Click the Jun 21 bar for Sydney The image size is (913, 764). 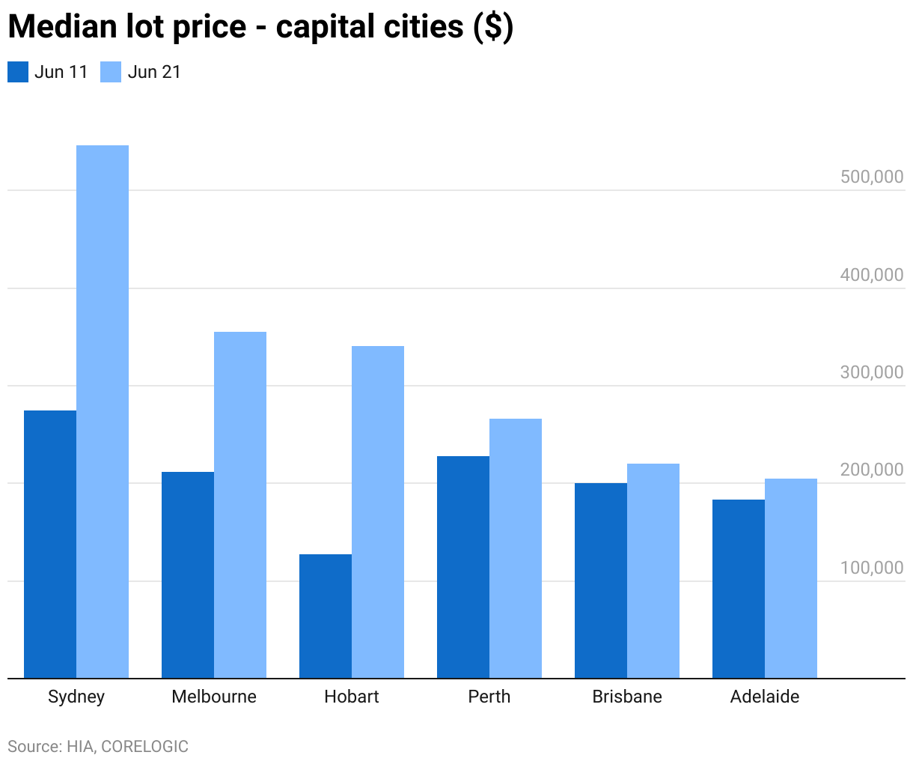(103, 412)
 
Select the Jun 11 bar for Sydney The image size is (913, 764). (50, 545)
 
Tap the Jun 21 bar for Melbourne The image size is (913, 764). (240, 505)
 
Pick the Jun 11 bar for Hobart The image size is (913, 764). (326, 616)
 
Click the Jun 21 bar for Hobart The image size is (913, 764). (378, 512)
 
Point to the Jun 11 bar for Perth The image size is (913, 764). (463, 567)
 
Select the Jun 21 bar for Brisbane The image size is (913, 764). (653, 571)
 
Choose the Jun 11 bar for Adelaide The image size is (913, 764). (739, 589)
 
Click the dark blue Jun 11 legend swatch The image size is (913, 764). (18, 72)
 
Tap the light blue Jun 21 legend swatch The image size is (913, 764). (111, 72)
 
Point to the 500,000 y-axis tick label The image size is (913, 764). (872, 177)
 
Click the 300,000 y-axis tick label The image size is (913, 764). (872, 372)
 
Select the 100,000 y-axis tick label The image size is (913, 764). (872, 568)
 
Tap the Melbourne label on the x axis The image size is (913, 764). (214, 697)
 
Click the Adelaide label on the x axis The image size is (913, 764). (765, 697)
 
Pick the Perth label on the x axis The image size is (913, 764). (489, 697)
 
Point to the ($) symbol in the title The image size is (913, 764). (493, 27)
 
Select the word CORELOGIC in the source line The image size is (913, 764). (144, 747)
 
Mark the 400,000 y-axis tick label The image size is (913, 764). (872, 275)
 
